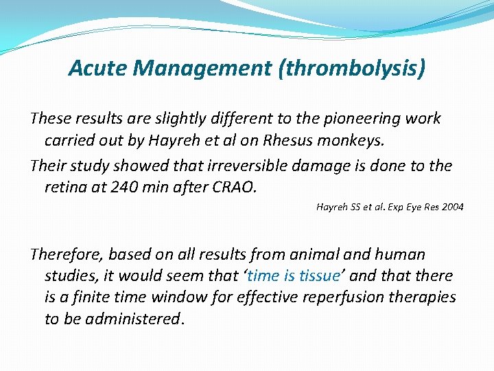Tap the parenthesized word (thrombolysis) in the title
point(351,69)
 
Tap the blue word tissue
point(316,276)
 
